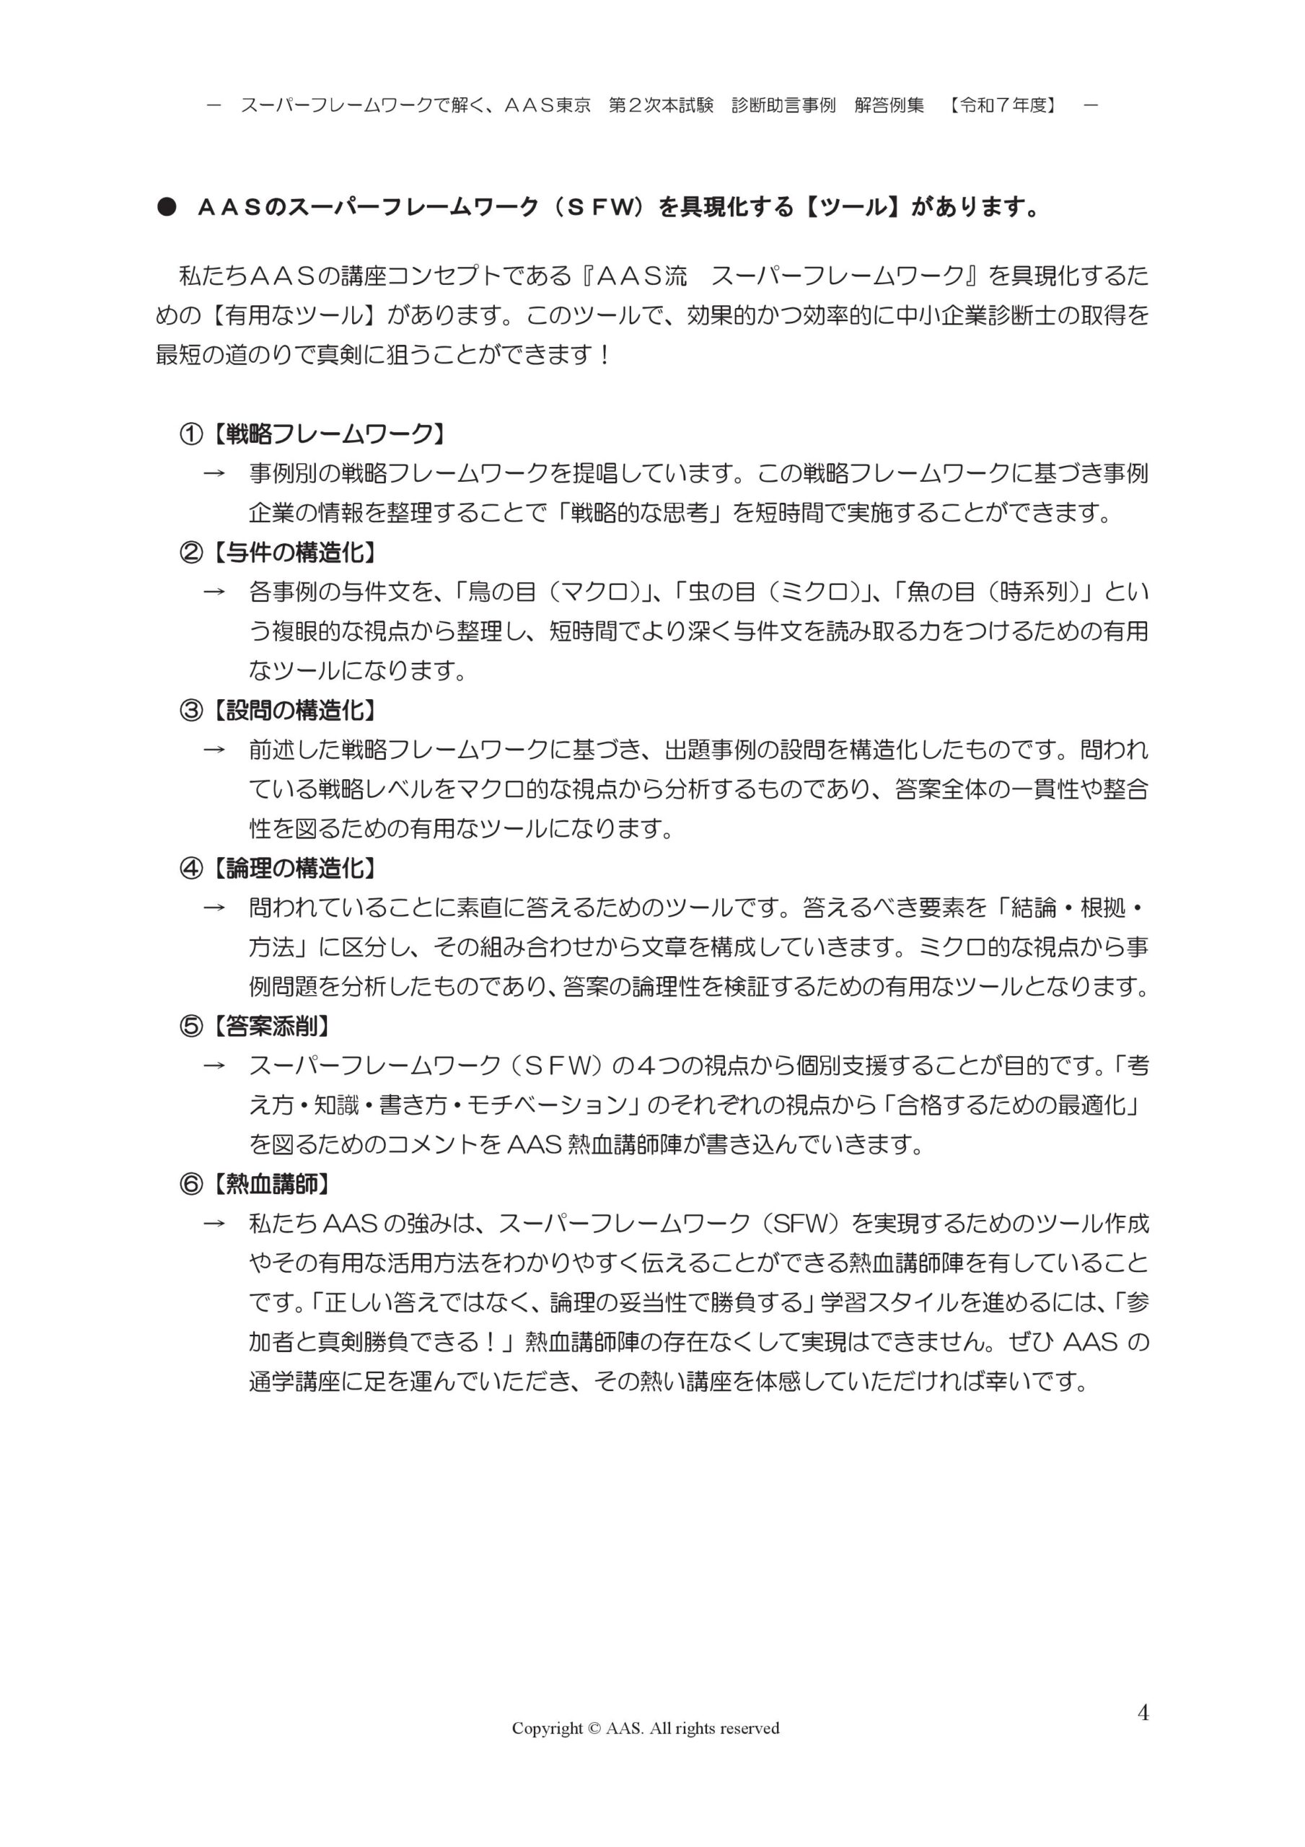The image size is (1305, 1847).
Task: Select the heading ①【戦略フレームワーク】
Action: (312, 434)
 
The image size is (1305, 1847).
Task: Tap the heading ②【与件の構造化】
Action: (278, 553)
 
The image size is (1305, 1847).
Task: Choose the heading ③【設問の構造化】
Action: (278, 711)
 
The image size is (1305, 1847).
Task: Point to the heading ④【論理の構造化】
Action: (278, 868)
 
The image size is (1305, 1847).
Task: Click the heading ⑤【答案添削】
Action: (255, 1026)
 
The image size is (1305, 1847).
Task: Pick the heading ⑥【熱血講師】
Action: (255, 1183)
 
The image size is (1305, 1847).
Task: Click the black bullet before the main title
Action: (167, 208)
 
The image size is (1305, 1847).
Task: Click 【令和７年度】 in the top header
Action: (1003, 105)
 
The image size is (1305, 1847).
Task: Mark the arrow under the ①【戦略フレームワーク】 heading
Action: (214, 474)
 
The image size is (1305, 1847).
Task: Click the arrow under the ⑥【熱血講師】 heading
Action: (214, 1224)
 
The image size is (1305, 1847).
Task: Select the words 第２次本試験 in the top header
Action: (661, 105)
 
